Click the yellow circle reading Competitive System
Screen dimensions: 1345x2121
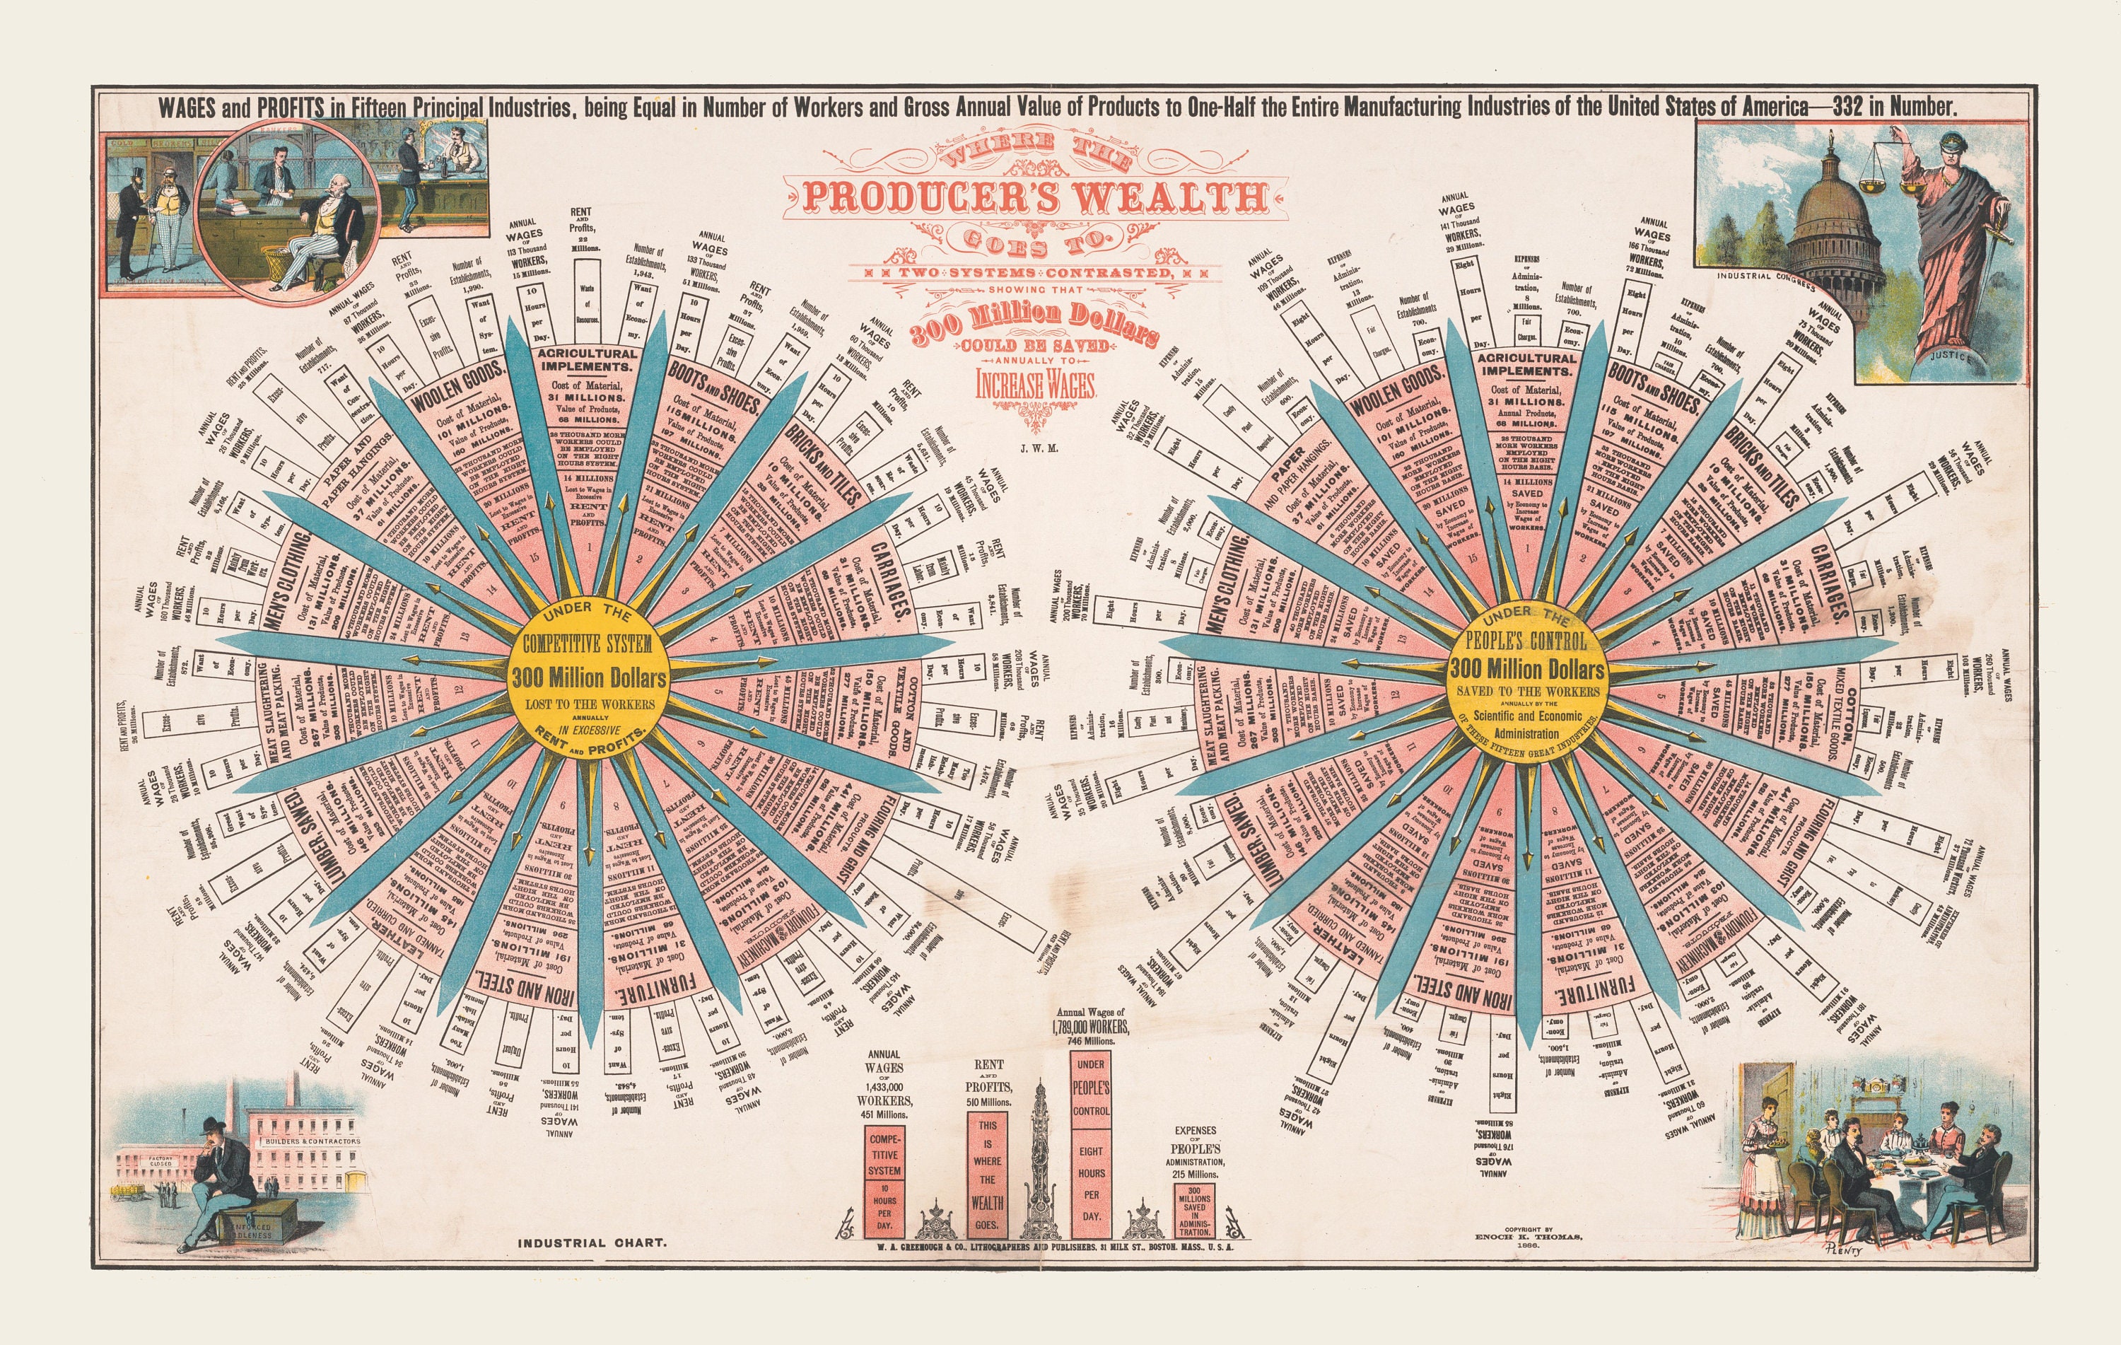[x=588, y=678]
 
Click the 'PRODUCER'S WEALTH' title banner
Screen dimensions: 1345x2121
[x=1035, y=197]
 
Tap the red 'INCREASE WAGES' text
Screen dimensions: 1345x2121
[x=1035, y=385]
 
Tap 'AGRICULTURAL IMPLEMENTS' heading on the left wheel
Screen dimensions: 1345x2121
[x=587, y=359]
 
